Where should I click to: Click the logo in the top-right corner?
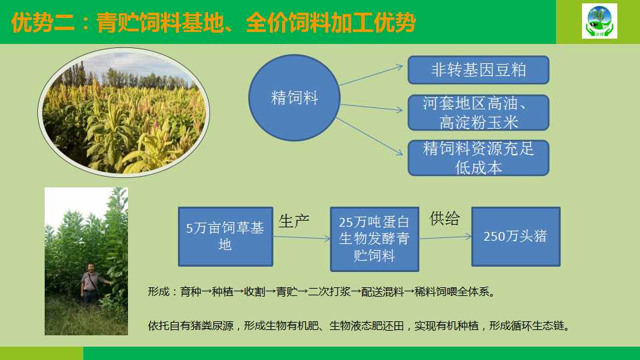point(599,21)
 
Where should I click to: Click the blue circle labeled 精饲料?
point(294,98)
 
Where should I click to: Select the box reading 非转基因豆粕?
point(479,70)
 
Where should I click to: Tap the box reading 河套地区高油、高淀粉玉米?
point(479,113)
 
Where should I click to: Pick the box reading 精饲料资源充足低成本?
point(479,158)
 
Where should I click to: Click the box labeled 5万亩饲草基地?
point(225,237)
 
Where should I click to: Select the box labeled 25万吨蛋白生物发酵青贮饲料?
point(374,239)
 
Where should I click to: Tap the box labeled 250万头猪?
point(516,237)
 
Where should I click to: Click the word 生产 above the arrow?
point(294,221)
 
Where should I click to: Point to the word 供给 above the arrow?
point(445,219)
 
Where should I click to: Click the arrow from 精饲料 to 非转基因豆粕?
point(371,75)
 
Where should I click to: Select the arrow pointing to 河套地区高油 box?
point(371,107)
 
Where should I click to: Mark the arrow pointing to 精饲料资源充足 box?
point(369,136)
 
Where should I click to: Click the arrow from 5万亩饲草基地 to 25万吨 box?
point(301,237)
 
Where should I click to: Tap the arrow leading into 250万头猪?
point(445,237)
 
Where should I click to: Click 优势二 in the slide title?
point(43,23)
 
